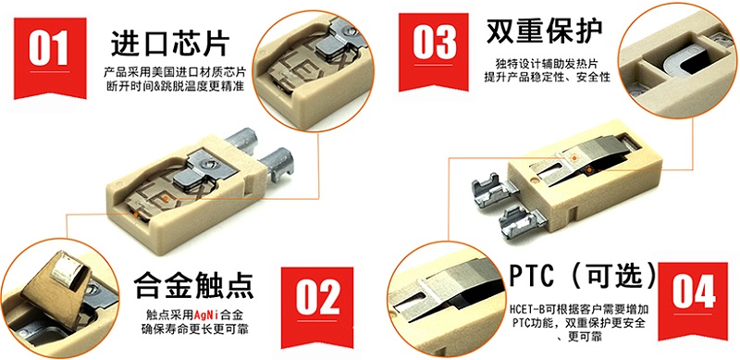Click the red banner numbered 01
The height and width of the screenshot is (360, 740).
[x=50, y=56]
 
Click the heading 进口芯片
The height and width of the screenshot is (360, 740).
[x=170, y=43]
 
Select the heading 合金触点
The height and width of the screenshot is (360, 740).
[x=194, y=285]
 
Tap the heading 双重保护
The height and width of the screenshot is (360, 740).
[x=544, y=31]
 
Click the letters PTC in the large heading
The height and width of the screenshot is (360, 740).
[x=532, y=276]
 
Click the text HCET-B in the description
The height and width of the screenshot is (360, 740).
[x=525, y=311]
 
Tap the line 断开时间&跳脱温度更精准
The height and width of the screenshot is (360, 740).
[x=175, y=86]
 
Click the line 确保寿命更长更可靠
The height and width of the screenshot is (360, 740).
[x=194, y=329]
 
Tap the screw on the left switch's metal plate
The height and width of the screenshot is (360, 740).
[x=208, y=164]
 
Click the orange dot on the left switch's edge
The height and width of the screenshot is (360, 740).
[x=135, y=215]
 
